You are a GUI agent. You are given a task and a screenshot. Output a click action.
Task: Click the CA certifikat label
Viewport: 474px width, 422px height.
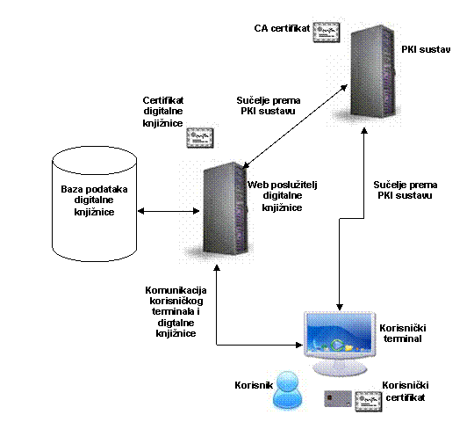click(282, 28)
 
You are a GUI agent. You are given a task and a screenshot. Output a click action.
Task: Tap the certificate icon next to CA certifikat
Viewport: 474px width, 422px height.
click(327, 32)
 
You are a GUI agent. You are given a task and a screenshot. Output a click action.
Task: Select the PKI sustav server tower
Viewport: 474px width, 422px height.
click(373, 70)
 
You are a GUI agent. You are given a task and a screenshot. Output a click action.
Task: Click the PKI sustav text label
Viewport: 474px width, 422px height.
click(426, 49)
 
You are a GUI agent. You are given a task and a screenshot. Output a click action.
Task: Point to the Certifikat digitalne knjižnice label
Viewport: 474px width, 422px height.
click(163, 112)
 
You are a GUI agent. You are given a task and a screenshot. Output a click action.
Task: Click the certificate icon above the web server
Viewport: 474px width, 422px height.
click(200, 138)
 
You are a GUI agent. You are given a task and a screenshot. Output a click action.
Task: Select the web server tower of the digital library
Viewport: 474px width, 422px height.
click(226, 208)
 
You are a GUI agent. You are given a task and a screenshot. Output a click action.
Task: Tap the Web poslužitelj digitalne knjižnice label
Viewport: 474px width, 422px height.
click(283, 196)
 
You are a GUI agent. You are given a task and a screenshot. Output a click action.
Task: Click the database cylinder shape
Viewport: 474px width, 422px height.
click(94, 204)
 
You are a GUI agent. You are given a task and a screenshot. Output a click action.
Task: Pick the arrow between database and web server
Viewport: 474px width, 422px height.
click(169, 211)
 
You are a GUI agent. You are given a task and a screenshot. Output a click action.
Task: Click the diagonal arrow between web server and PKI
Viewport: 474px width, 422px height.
click(295, 126)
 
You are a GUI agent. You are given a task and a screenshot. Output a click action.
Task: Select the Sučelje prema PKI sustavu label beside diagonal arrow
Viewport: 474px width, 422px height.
click(269, 105)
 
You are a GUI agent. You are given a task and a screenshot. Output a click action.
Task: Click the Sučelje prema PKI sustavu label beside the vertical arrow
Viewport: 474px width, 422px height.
click(405, 190)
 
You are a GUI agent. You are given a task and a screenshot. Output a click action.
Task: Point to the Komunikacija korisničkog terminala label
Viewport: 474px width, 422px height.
click(176, 311)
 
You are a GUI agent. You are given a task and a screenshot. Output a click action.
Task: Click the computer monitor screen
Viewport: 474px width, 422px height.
click(340, 335)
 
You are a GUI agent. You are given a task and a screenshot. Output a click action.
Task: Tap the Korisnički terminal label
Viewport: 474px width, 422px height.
click(403, 333)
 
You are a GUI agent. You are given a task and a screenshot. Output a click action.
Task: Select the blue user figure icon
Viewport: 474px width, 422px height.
click(288, 390)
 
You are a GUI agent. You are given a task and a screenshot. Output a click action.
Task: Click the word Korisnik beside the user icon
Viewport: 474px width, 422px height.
click(254, 385)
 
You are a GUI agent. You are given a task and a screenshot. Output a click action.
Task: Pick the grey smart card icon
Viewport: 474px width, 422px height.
click(338, 398)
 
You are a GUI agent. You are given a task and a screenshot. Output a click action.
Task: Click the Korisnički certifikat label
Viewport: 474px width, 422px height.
click(406, 391)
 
